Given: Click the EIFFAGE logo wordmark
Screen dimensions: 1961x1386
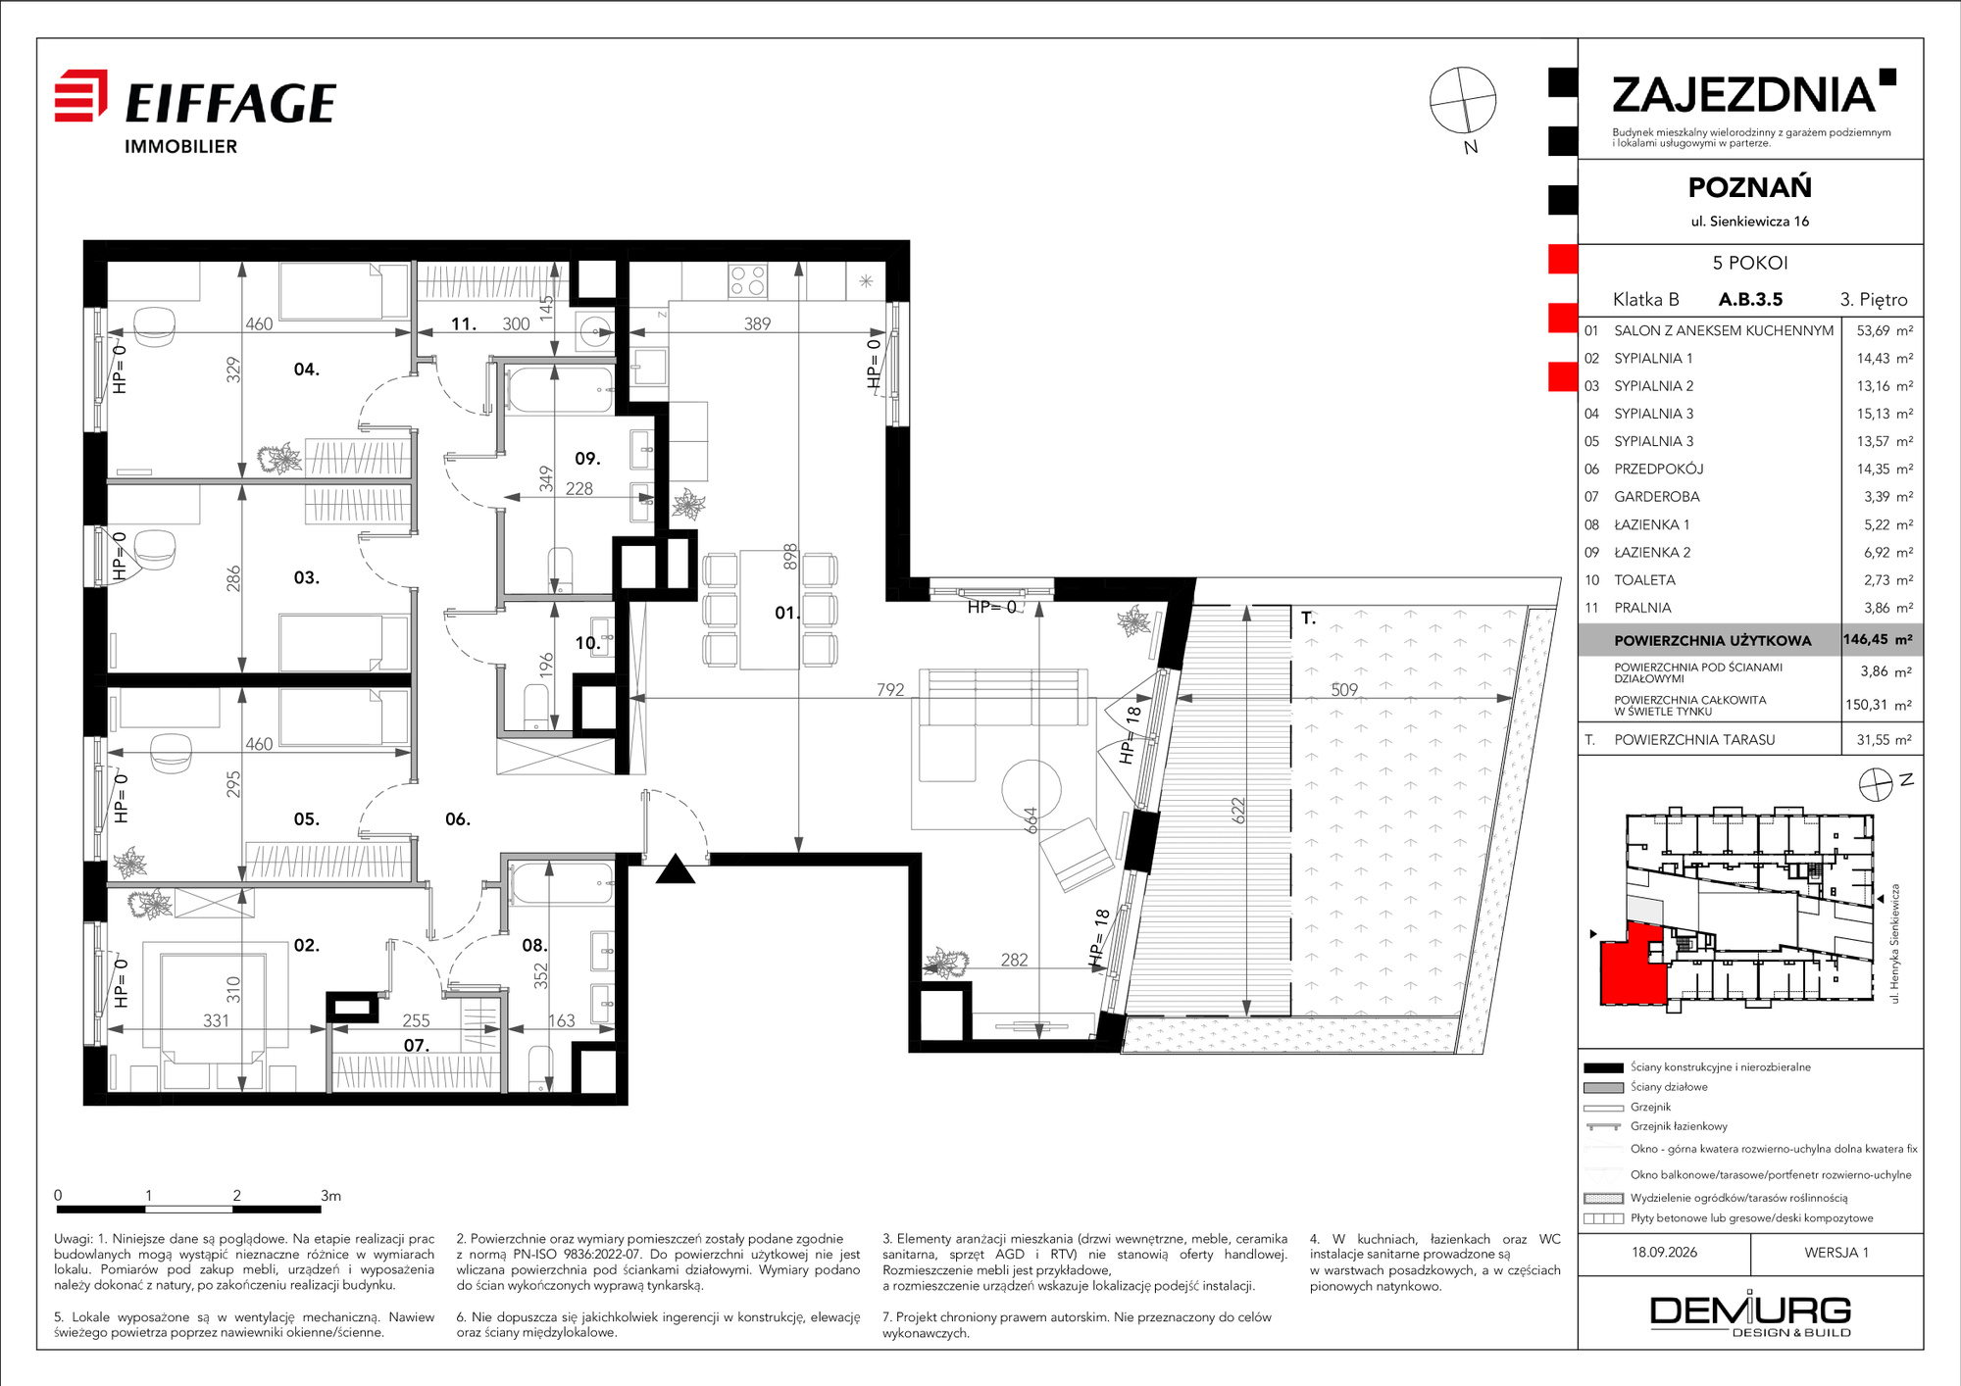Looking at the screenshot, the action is (230, 103).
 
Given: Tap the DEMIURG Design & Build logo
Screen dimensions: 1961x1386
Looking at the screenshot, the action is (1751, 1314).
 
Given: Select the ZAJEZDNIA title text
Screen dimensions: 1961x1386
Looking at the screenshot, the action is (1743, 95).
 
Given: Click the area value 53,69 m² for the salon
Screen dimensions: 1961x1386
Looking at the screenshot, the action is (1885, 331).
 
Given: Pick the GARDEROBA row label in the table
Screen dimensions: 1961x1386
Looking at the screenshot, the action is (1657, 497).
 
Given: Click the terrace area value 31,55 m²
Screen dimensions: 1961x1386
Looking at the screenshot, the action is (1884, 740).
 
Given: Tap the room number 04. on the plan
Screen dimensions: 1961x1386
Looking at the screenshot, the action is (307, 370).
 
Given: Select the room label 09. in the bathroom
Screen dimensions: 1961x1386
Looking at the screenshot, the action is (587, 459).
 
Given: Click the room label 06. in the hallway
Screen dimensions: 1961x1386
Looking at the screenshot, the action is (458, 819).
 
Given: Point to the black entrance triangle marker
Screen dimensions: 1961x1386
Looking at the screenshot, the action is (676, 869).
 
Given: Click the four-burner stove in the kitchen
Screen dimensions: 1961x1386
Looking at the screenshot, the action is (747, 281).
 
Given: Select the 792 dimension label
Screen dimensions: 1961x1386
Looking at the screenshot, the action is (890, 690).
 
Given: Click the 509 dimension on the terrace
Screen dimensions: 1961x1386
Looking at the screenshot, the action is (1344, 690).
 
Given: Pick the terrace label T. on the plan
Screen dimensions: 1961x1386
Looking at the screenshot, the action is (1308, 619).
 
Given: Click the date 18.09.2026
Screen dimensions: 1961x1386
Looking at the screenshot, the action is (1664, 1253).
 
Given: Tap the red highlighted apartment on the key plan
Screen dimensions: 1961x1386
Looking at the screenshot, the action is (1632, 965).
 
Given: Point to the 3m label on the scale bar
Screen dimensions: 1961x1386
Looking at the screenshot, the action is (331, 1196).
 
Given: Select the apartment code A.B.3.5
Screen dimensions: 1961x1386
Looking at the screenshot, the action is (1750, 300).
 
